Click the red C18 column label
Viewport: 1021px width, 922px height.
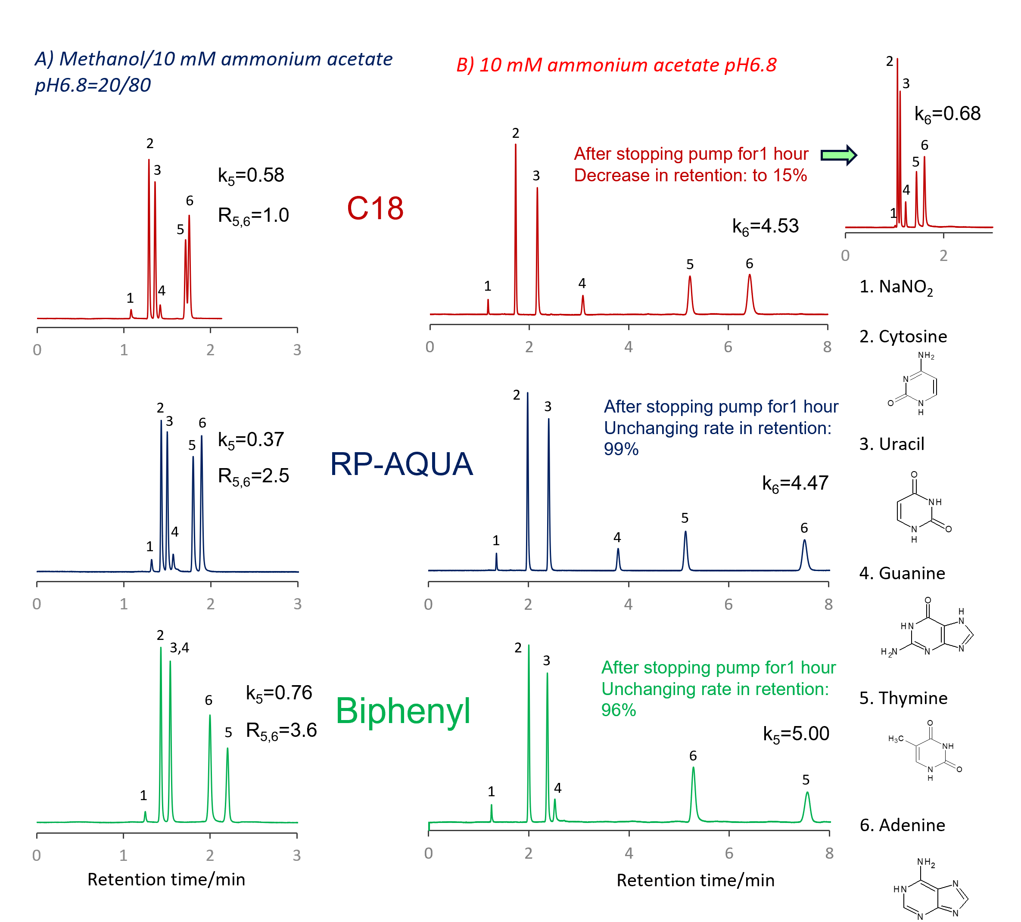(375, 208)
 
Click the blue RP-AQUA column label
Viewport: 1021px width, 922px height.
(401, 464)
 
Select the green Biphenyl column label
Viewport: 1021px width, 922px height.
(403, 711)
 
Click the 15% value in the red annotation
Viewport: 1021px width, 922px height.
(790, 175)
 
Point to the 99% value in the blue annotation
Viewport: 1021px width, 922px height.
(621, 449)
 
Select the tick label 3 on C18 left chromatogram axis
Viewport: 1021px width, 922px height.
(297, 350)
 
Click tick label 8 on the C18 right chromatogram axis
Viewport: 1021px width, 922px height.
(827, 347)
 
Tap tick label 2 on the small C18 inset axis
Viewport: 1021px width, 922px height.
(943, 256)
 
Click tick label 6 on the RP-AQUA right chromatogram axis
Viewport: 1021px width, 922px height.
(728, 604)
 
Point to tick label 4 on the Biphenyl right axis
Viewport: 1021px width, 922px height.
(629, 853)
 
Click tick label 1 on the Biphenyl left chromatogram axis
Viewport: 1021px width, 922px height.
(124, 855)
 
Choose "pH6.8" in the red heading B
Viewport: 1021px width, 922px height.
(750, 65)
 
